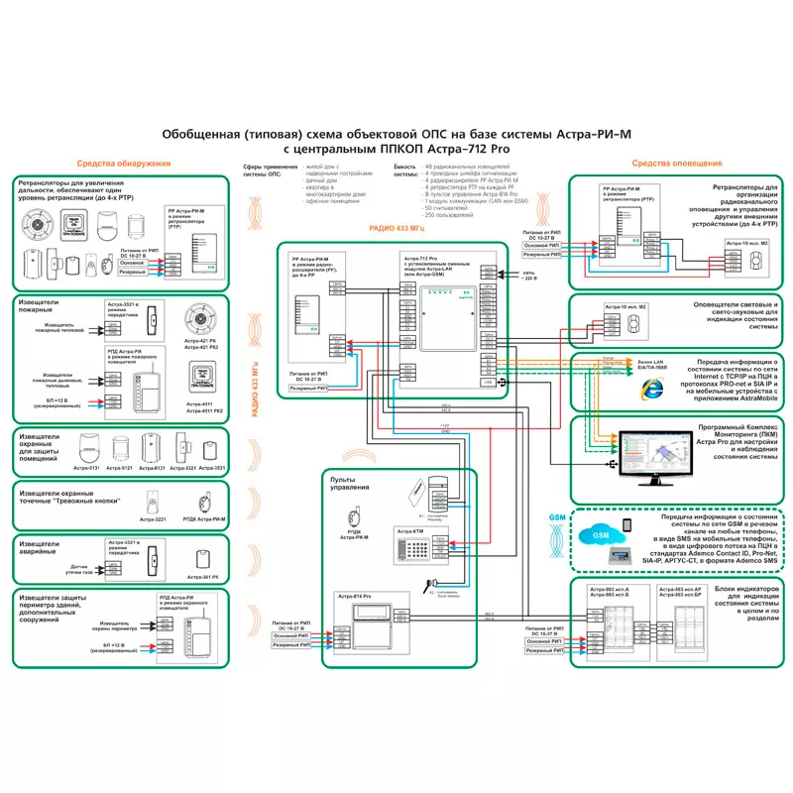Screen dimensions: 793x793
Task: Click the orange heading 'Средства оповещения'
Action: click(677, 163)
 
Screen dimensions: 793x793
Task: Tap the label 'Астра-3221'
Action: click(153, 518)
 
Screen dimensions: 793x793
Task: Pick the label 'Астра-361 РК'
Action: click(202, 577)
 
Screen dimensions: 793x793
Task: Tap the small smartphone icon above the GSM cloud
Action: click(626, 523)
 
